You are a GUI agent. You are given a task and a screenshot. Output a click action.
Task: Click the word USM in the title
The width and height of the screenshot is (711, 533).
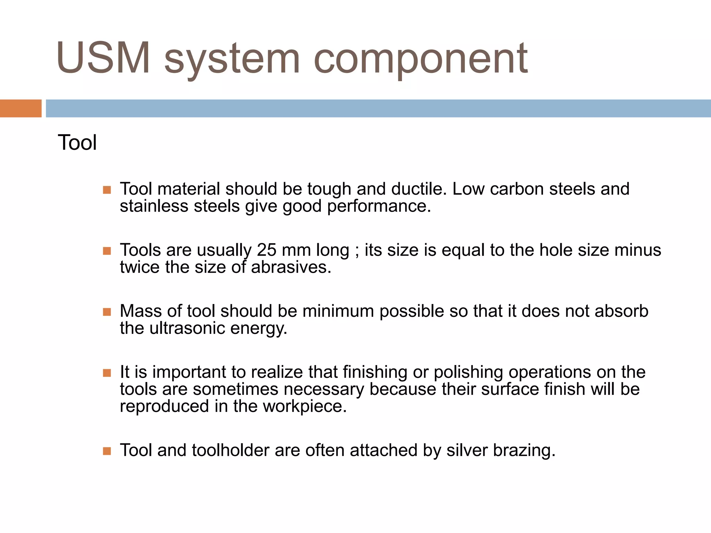click(103, 58)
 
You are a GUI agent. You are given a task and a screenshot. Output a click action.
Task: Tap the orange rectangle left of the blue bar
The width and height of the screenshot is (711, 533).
click(20, 108)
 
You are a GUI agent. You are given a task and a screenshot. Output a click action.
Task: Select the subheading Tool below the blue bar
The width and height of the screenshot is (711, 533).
click(77, 143)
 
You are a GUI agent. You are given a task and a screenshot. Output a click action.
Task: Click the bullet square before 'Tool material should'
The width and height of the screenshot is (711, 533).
click(107, 190)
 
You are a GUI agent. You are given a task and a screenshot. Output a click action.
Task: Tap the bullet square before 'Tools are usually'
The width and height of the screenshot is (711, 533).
click(107, 251)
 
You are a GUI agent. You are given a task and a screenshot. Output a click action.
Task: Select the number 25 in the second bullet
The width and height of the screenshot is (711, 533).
click(266, 250)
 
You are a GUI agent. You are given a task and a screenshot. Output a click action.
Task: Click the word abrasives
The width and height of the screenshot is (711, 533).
click(291, 267)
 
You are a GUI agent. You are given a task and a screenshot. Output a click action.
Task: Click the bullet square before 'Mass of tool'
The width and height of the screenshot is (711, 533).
click(107, 312)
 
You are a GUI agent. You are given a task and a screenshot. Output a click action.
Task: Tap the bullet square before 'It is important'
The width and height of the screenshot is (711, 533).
click(107, 373)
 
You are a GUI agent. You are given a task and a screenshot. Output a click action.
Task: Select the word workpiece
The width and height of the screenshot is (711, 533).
click(304, 406)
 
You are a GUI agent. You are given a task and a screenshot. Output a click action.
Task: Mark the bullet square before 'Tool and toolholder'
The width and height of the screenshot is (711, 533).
click(107, 451)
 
